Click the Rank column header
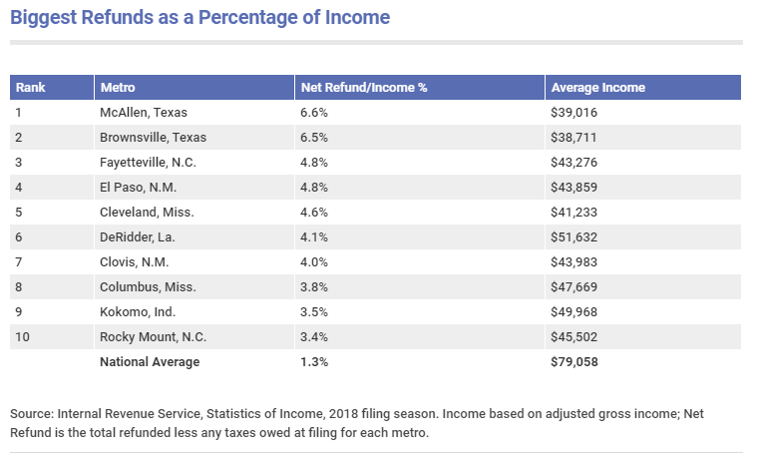[31, 88]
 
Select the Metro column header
[118, 88]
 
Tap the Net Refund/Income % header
[364, 88]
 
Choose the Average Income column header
[598, 88]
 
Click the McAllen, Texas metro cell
[143, 112]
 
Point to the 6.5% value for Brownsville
[314, 138]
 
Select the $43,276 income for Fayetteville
[573, 163]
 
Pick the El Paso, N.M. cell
[138, 188]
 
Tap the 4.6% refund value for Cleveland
[314, 213]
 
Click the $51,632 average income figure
[573, 237]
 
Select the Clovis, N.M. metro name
[134, 262]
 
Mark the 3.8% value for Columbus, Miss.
[314, 287]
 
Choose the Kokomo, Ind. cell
[138, 312]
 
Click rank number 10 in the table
[22, 337]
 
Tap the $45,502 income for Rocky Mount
[573, 337]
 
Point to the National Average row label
[150, 362]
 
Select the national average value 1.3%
[314, 362]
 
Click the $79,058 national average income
[573, 362]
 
